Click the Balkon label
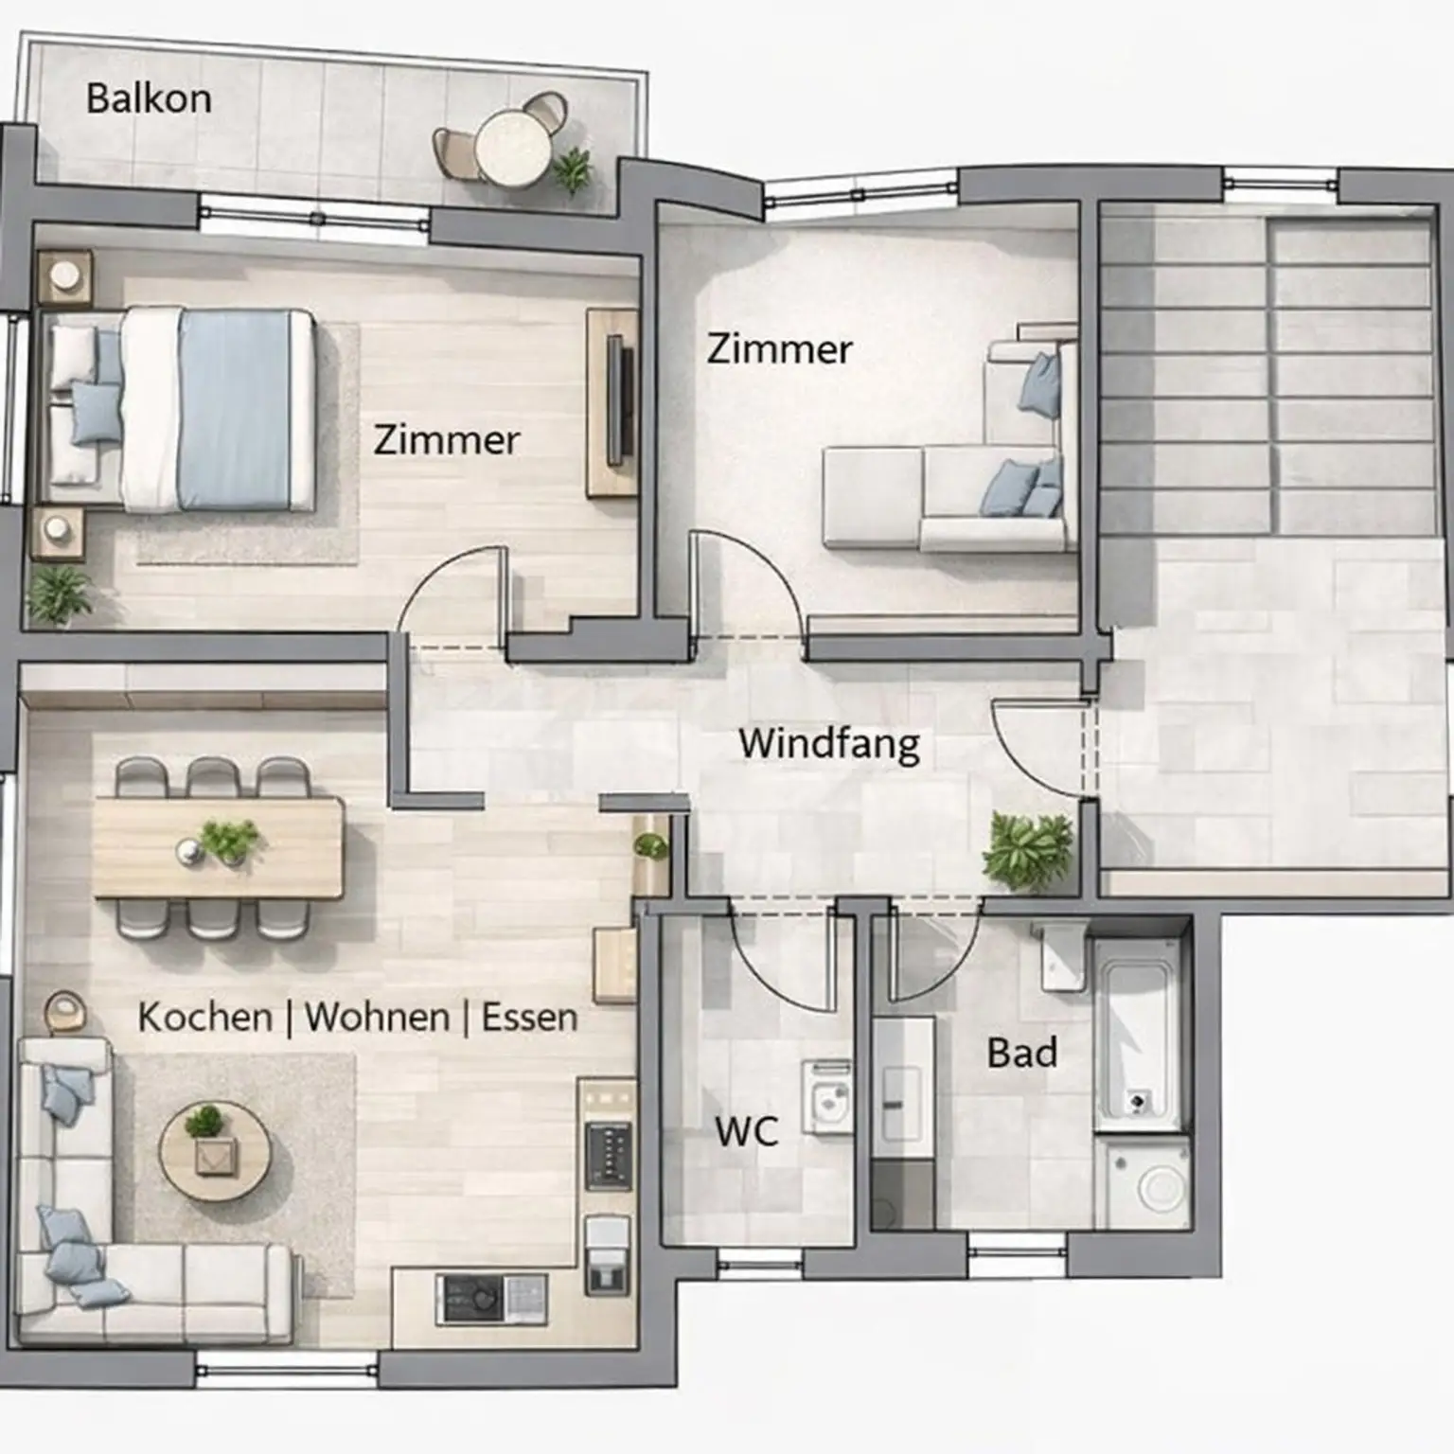click(149, 98)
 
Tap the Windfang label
click(829, 744)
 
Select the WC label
click(747, 1131)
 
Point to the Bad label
click(1021, 1053)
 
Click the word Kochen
click(205, 1018)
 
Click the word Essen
click(529, 1018)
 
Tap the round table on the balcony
click(512, 148)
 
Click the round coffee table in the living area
click(214, 1151)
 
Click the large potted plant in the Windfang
click(1026, 850)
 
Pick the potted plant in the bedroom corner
click(59, 594)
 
